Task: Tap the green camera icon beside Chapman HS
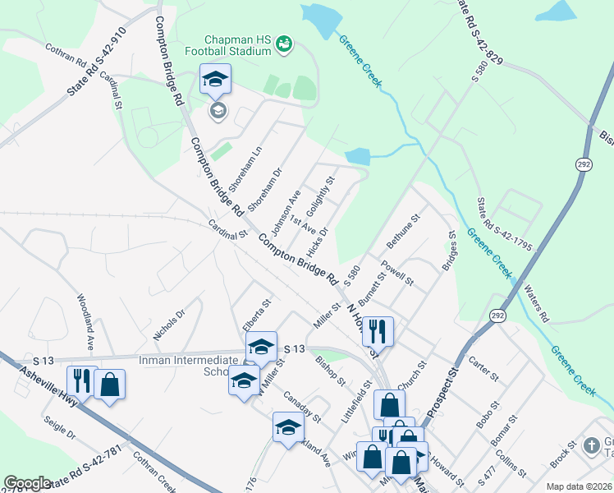point(284,43)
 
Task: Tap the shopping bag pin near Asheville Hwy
point(109,385)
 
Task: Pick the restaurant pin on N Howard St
point(378,331)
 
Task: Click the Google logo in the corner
point(27,483)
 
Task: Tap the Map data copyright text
point(579,486)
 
